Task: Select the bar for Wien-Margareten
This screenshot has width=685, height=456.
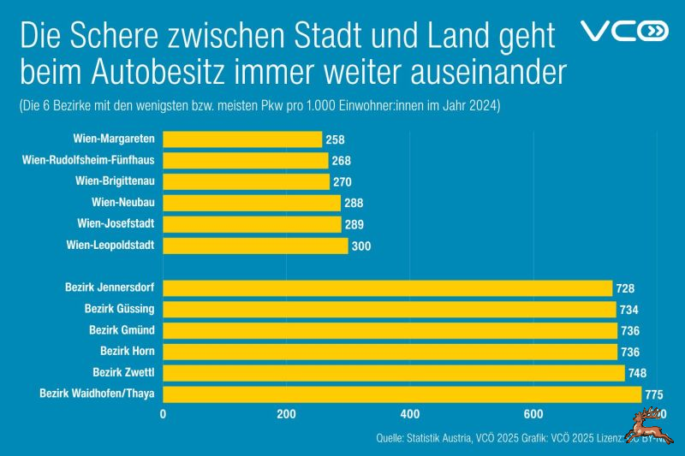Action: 242,139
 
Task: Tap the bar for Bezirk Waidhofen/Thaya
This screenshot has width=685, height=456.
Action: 402,394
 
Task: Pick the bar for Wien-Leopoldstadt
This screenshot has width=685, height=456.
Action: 255,246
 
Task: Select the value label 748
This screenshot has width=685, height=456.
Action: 637,373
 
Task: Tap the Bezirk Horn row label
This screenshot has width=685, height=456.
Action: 127,351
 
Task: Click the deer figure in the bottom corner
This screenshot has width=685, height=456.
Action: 646,425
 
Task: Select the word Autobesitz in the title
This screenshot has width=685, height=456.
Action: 161,72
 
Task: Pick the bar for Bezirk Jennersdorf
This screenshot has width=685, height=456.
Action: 387,288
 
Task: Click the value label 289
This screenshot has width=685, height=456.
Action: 354,224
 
